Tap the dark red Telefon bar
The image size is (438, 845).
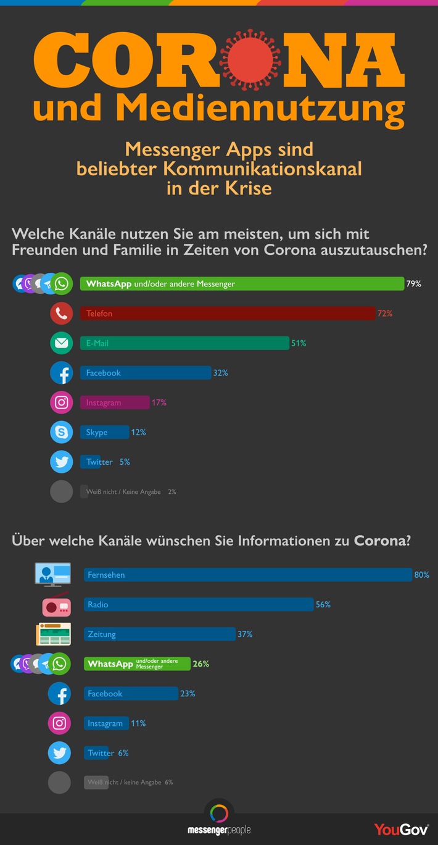(x=227, y=314)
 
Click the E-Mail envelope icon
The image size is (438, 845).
(x=62, y=343)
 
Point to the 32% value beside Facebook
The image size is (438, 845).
(x=221, y=373)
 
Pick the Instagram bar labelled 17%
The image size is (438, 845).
(x=115, y=402)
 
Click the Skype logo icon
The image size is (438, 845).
(x=62, y=432)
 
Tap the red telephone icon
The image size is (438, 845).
(x=62, y=314)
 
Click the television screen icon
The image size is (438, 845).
(x=52, y=573)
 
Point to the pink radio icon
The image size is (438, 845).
(x=56, y=606)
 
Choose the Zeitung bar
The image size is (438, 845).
(x=160, y=634)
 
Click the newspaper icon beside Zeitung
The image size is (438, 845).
(x=53, y=634)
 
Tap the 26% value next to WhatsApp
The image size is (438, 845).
(x=201, y=664)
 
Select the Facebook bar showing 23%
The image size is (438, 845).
(x=131, y=694)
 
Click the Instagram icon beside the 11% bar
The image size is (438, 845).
(x=59, y=723)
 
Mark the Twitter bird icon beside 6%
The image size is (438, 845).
(x=59, y=753)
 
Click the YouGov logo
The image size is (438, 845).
(x=401, y=830)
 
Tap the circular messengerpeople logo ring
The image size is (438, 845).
(x=219, y=813)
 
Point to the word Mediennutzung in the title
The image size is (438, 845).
(x=260, y=108)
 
